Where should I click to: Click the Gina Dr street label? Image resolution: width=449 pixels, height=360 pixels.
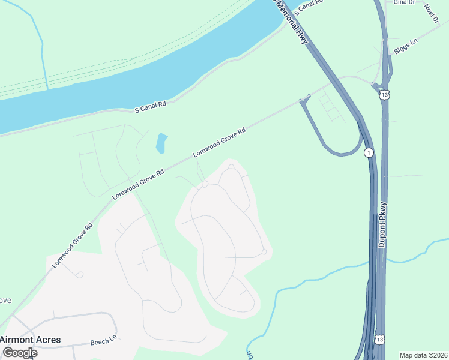click(404, 2)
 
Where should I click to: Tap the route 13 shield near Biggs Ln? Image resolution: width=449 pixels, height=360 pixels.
click(384, 94)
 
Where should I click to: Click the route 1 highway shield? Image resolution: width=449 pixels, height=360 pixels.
click(369, 153)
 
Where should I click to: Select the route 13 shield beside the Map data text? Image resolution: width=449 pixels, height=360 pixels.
click(379, 340)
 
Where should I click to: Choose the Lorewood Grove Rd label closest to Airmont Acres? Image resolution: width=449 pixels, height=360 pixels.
click(72, 245)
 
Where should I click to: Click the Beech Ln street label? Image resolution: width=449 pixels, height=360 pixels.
click(103, 342)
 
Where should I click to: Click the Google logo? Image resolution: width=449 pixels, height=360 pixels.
click(20, 352)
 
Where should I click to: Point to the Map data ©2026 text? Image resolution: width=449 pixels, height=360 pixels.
click(423, 355)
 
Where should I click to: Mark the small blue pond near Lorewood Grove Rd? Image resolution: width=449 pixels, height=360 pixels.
click(161, 143)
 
